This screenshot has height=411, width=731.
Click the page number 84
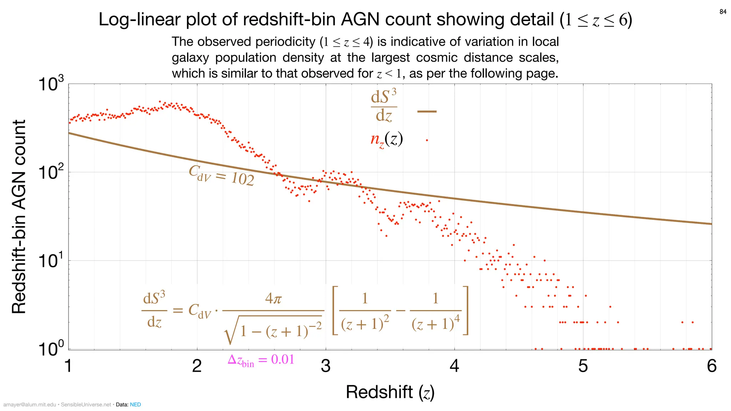[723, 12]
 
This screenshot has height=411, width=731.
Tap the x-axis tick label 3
[326, 366]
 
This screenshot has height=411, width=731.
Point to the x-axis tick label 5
[583, 366]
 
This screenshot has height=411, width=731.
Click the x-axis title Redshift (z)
[390, 392]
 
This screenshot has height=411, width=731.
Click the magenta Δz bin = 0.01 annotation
[261, 360]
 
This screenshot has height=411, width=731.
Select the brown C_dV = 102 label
[221, 176]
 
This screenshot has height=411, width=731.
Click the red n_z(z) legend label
[387, 139]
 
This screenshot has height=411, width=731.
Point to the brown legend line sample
[427, 112]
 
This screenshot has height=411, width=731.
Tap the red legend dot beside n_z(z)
[427, 140]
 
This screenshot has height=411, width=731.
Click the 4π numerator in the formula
[273, 298]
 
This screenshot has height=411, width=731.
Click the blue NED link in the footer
[135, 405]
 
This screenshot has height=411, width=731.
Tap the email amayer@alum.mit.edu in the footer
[30, 405]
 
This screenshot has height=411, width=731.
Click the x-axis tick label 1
[69, 366]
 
